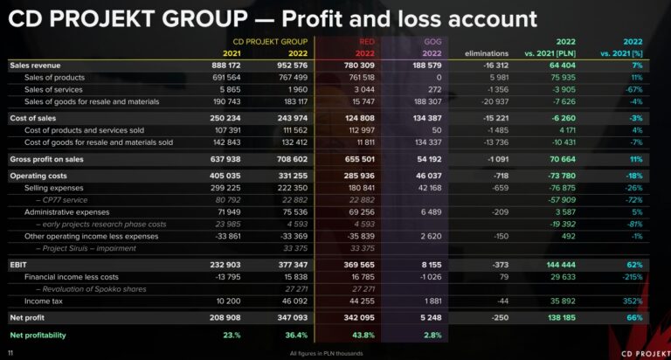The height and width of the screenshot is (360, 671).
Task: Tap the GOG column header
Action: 432,41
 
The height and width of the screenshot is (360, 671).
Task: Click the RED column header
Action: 367,41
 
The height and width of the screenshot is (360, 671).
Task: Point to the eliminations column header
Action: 487,53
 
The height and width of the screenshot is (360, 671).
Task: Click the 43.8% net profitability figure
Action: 364,335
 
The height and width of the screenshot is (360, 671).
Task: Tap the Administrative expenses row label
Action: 68,211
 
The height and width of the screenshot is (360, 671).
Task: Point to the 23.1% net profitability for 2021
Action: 231,335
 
